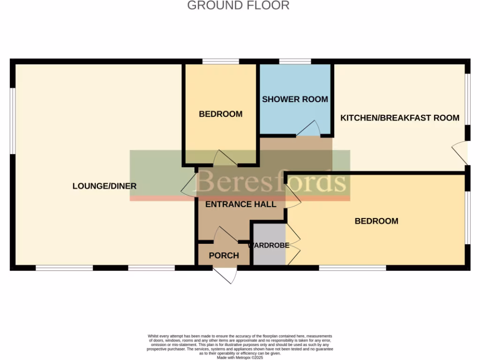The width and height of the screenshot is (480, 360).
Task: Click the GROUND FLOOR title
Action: pyautogui.click(x=238, y=6)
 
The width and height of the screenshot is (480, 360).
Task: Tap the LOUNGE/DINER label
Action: pyautogui.click(x=105, y=186)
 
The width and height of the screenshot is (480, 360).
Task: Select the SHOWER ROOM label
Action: pyautogui.click(x=295, y=99)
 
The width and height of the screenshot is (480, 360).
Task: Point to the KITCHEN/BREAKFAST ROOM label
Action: pyautogui.click(x=399, y=118)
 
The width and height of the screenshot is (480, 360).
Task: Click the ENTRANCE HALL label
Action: pyautogui.click(x=241, y=204)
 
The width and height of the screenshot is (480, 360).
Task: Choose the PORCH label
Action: pyautogui.click(x=224, y=255)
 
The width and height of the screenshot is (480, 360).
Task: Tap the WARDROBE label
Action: pyautogui.click(x=269, y=245)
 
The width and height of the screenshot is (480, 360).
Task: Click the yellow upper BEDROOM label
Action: pyautogui.click(x=220, y=114)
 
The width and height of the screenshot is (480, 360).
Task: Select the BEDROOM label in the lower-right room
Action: pyautogui.click(x=376, y=221)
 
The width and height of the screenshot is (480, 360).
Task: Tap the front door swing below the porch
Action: pyautogui.click(x=226, y=275)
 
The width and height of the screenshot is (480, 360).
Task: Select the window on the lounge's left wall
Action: pyautogui.click(x=13, y=120)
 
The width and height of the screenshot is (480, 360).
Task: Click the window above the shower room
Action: pyautogui.click(x=295, y=61)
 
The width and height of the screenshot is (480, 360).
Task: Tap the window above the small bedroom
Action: pyautogui.click(x=220, y=61)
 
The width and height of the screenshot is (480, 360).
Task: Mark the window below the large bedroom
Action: pyautogui.click(x=352, y=268)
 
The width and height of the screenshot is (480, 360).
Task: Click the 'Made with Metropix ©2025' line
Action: pyautogui.click(x=240, y=357)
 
